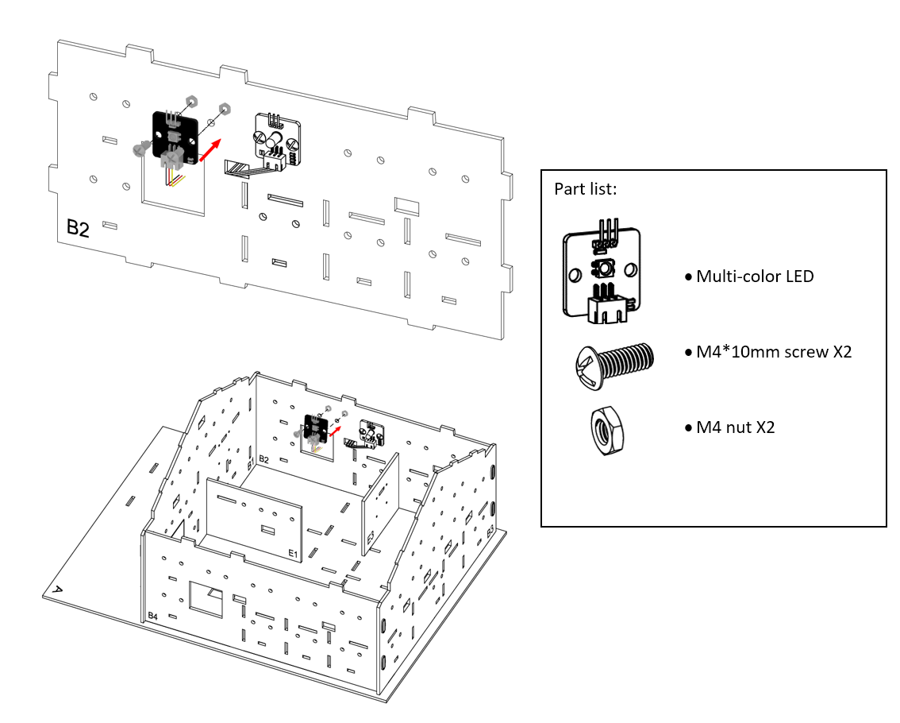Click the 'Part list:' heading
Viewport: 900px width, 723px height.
tap(586, 189)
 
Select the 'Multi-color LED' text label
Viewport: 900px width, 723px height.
tap(755, 276)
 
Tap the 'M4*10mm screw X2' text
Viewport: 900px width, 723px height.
tap(774, 352)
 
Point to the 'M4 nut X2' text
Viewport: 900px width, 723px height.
tap(735, 427)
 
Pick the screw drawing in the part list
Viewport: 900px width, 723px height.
tap(614, 366)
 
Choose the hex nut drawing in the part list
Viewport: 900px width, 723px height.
tap(607, 431)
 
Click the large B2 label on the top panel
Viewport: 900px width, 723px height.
tap(78, 228)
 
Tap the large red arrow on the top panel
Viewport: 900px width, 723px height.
tap(210, 150)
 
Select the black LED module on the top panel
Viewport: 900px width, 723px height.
tap(175, 138)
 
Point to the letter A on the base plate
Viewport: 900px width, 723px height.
tap(57, 590)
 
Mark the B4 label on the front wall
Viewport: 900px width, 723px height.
tap(152, 616)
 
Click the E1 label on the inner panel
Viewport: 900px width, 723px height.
tap(294, 554)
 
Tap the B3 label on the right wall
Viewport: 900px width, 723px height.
tap(490, 532)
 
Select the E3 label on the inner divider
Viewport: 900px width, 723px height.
tap(371, 537)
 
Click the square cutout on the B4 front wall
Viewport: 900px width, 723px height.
tap(206, 599)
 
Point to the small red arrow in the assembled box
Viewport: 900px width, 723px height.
tap(335, 431)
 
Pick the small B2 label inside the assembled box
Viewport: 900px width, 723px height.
tap(264, 459)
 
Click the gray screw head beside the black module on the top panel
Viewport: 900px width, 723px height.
tap(139, 150)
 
